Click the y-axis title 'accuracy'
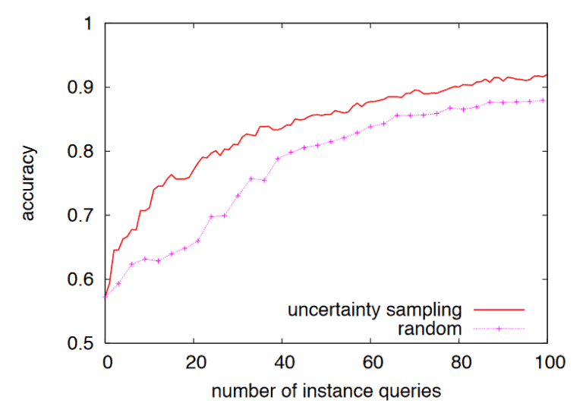[x=30, y=184]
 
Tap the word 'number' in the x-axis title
[x=241, y=392]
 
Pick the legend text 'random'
[x=430, y=329]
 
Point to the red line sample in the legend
[x=498, y=310]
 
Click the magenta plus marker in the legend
[x=498, y=329]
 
